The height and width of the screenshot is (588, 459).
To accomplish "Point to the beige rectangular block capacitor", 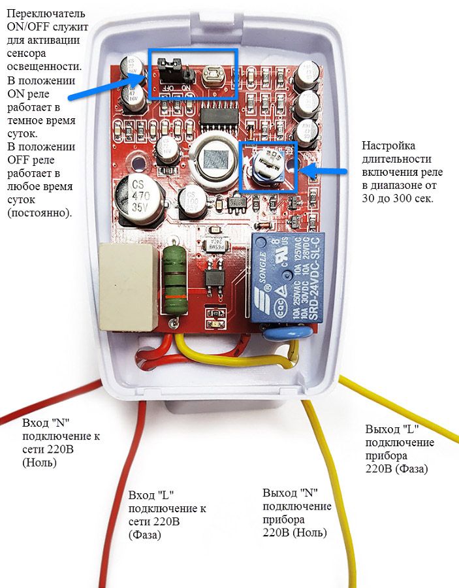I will (129, 286).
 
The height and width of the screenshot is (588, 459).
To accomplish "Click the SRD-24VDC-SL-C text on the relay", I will (316, 281).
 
